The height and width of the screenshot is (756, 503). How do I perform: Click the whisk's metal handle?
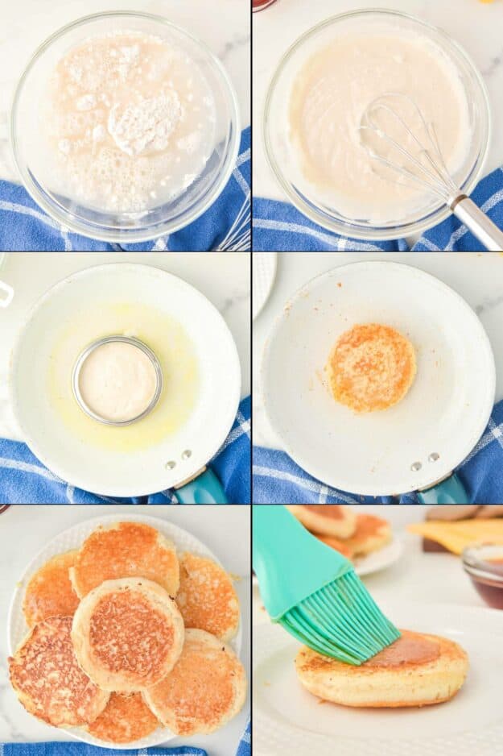pos(479,221)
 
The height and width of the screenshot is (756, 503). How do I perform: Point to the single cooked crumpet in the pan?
pos(371,368)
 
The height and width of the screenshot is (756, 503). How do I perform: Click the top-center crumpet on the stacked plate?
pos(126,556)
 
